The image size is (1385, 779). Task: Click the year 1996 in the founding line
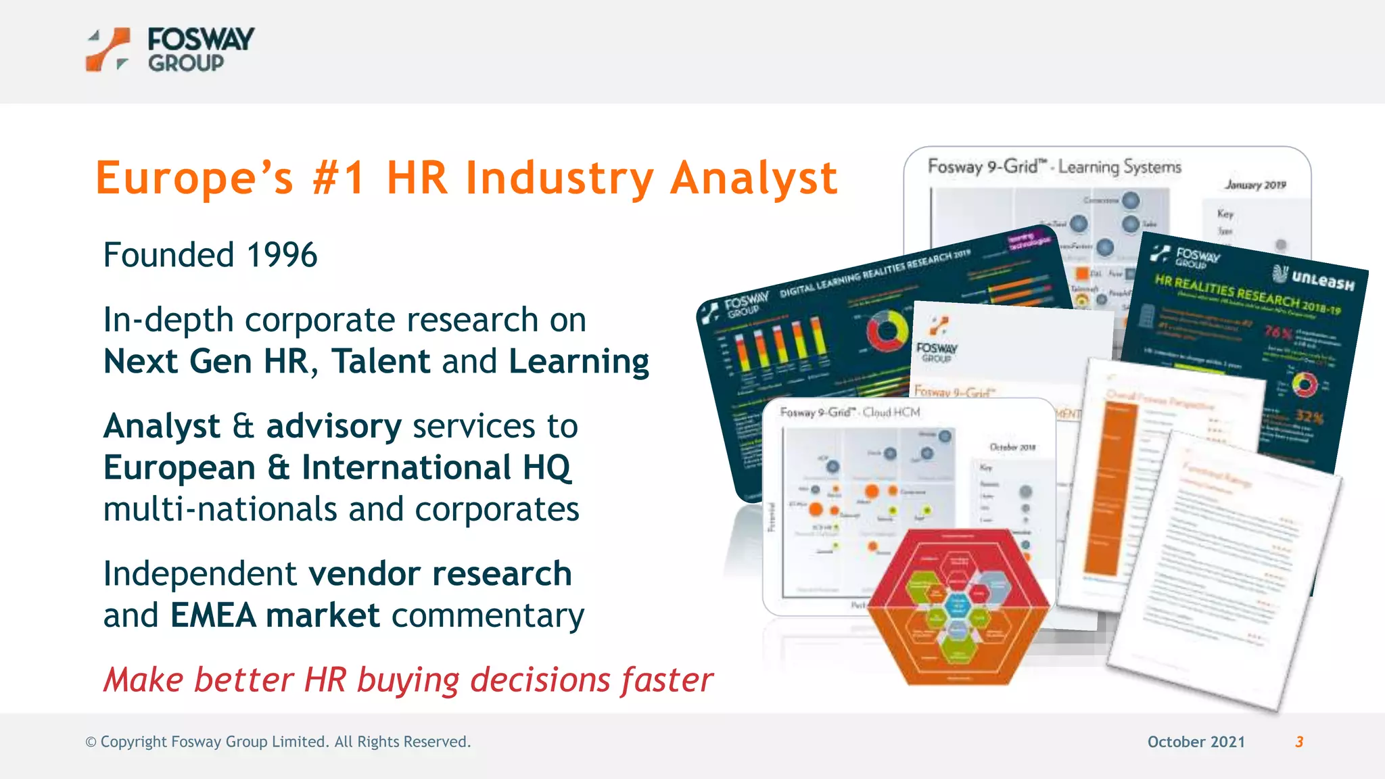281,256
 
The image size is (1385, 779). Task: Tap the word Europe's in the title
195,179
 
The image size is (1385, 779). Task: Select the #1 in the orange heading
339,179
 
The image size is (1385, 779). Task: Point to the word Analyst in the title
754,179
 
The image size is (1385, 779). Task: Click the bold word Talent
381,361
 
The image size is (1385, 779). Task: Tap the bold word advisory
334,427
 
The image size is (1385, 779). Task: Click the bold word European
179,468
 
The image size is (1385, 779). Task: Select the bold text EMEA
213,615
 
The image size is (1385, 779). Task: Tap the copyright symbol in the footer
91,742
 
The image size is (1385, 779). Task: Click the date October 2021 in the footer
1196,742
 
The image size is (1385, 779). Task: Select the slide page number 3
1299,742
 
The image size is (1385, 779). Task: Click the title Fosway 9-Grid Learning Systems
1054,166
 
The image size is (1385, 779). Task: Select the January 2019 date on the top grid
1255,185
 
